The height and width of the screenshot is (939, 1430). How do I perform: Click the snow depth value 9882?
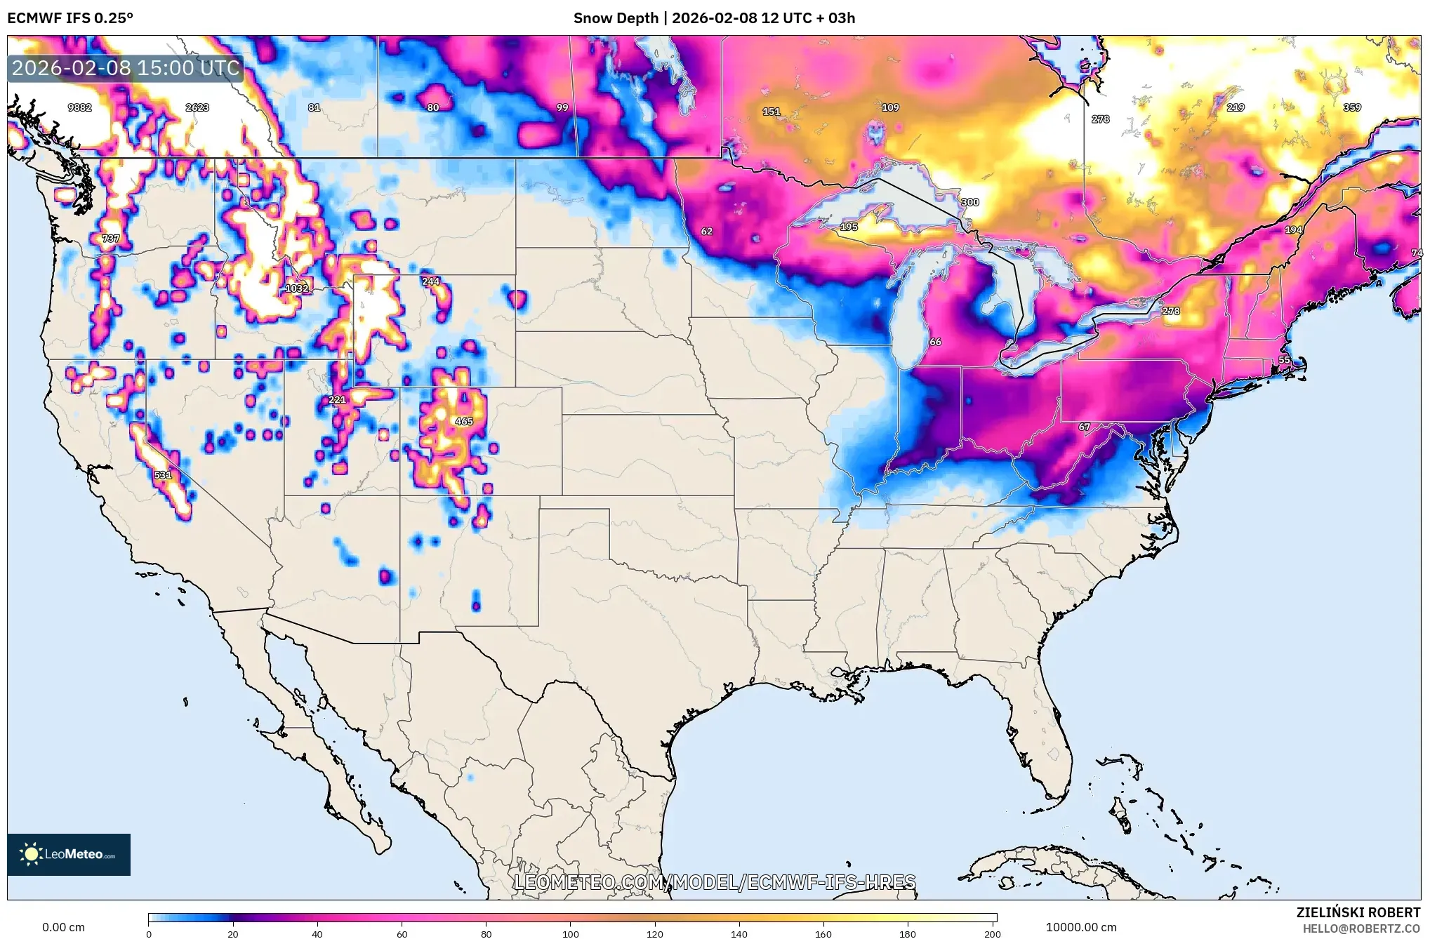[x=79, y=107]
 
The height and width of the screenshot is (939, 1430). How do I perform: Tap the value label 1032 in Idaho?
[x=296, y=288]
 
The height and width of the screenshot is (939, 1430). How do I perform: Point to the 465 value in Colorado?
[x=464, y=422]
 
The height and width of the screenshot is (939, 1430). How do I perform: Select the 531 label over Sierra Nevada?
[x=163, y=475]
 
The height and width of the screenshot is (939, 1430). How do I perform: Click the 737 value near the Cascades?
[x=111, y=239]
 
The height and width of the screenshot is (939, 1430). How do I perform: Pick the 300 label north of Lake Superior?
[x=969, y=202]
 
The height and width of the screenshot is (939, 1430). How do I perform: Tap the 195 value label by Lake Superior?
[x=849, y=227]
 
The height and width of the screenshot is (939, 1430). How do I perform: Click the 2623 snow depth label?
[x=197, y=107]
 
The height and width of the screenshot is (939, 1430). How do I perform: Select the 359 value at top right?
[x=1352, y=107]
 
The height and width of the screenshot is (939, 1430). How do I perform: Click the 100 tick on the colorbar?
[x=570, y=933]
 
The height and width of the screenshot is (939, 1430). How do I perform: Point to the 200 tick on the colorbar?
[x=992, y=933]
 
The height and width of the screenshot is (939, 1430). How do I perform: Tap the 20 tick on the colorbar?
[x=233, y=933]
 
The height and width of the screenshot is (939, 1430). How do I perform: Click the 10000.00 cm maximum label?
[x=1081, y=927]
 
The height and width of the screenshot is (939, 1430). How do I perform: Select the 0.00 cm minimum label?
[x=63, y=927]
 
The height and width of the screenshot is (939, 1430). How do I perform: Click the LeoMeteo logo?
[x=69, y=854]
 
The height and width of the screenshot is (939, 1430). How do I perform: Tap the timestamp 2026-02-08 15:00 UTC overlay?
[x=126, y=68]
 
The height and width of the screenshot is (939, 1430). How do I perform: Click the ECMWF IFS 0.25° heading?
[x=70, y=18]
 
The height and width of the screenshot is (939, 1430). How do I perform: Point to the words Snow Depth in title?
[x=616, y=18]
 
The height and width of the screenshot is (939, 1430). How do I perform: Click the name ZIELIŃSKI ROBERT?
[x=1358, y=912]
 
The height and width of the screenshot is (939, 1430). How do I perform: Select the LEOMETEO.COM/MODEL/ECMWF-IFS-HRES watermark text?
[x=715, y=882]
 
